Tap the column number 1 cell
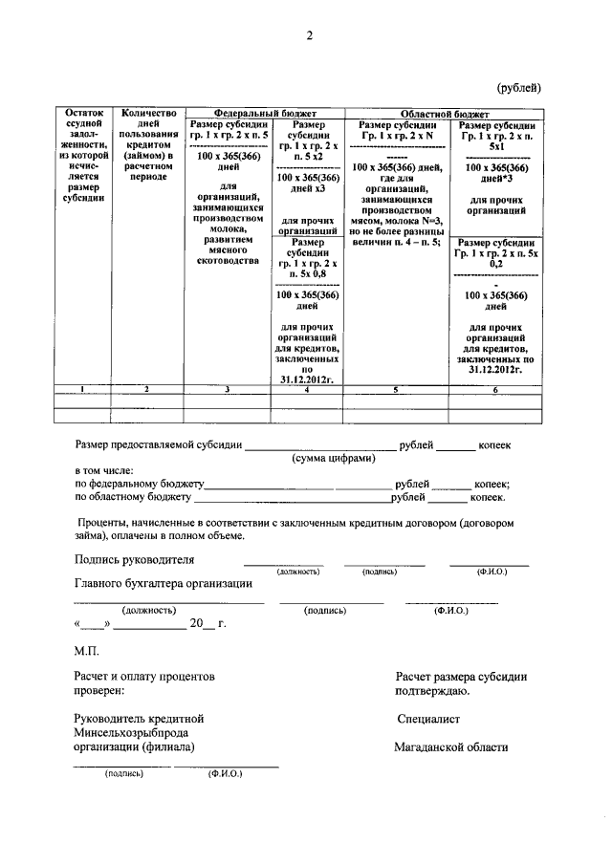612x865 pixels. pyautogui.click(x=81, y=389)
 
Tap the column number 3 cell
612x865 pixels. pyautogui.click(x=227, y=389)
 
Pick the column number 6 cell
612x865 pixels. pyautogui.click(x=495, y=389)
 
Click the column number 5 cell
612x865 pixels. pyautogui.click(x=395, y=389)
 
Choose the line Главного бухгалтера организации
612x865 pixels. pyautogui.click(x=163, y=583)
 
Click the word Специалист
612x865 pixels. pyautogui.click(x=428, y=718)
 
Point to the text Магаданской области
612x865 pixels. pyautogui.click(x=450, y=747)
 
